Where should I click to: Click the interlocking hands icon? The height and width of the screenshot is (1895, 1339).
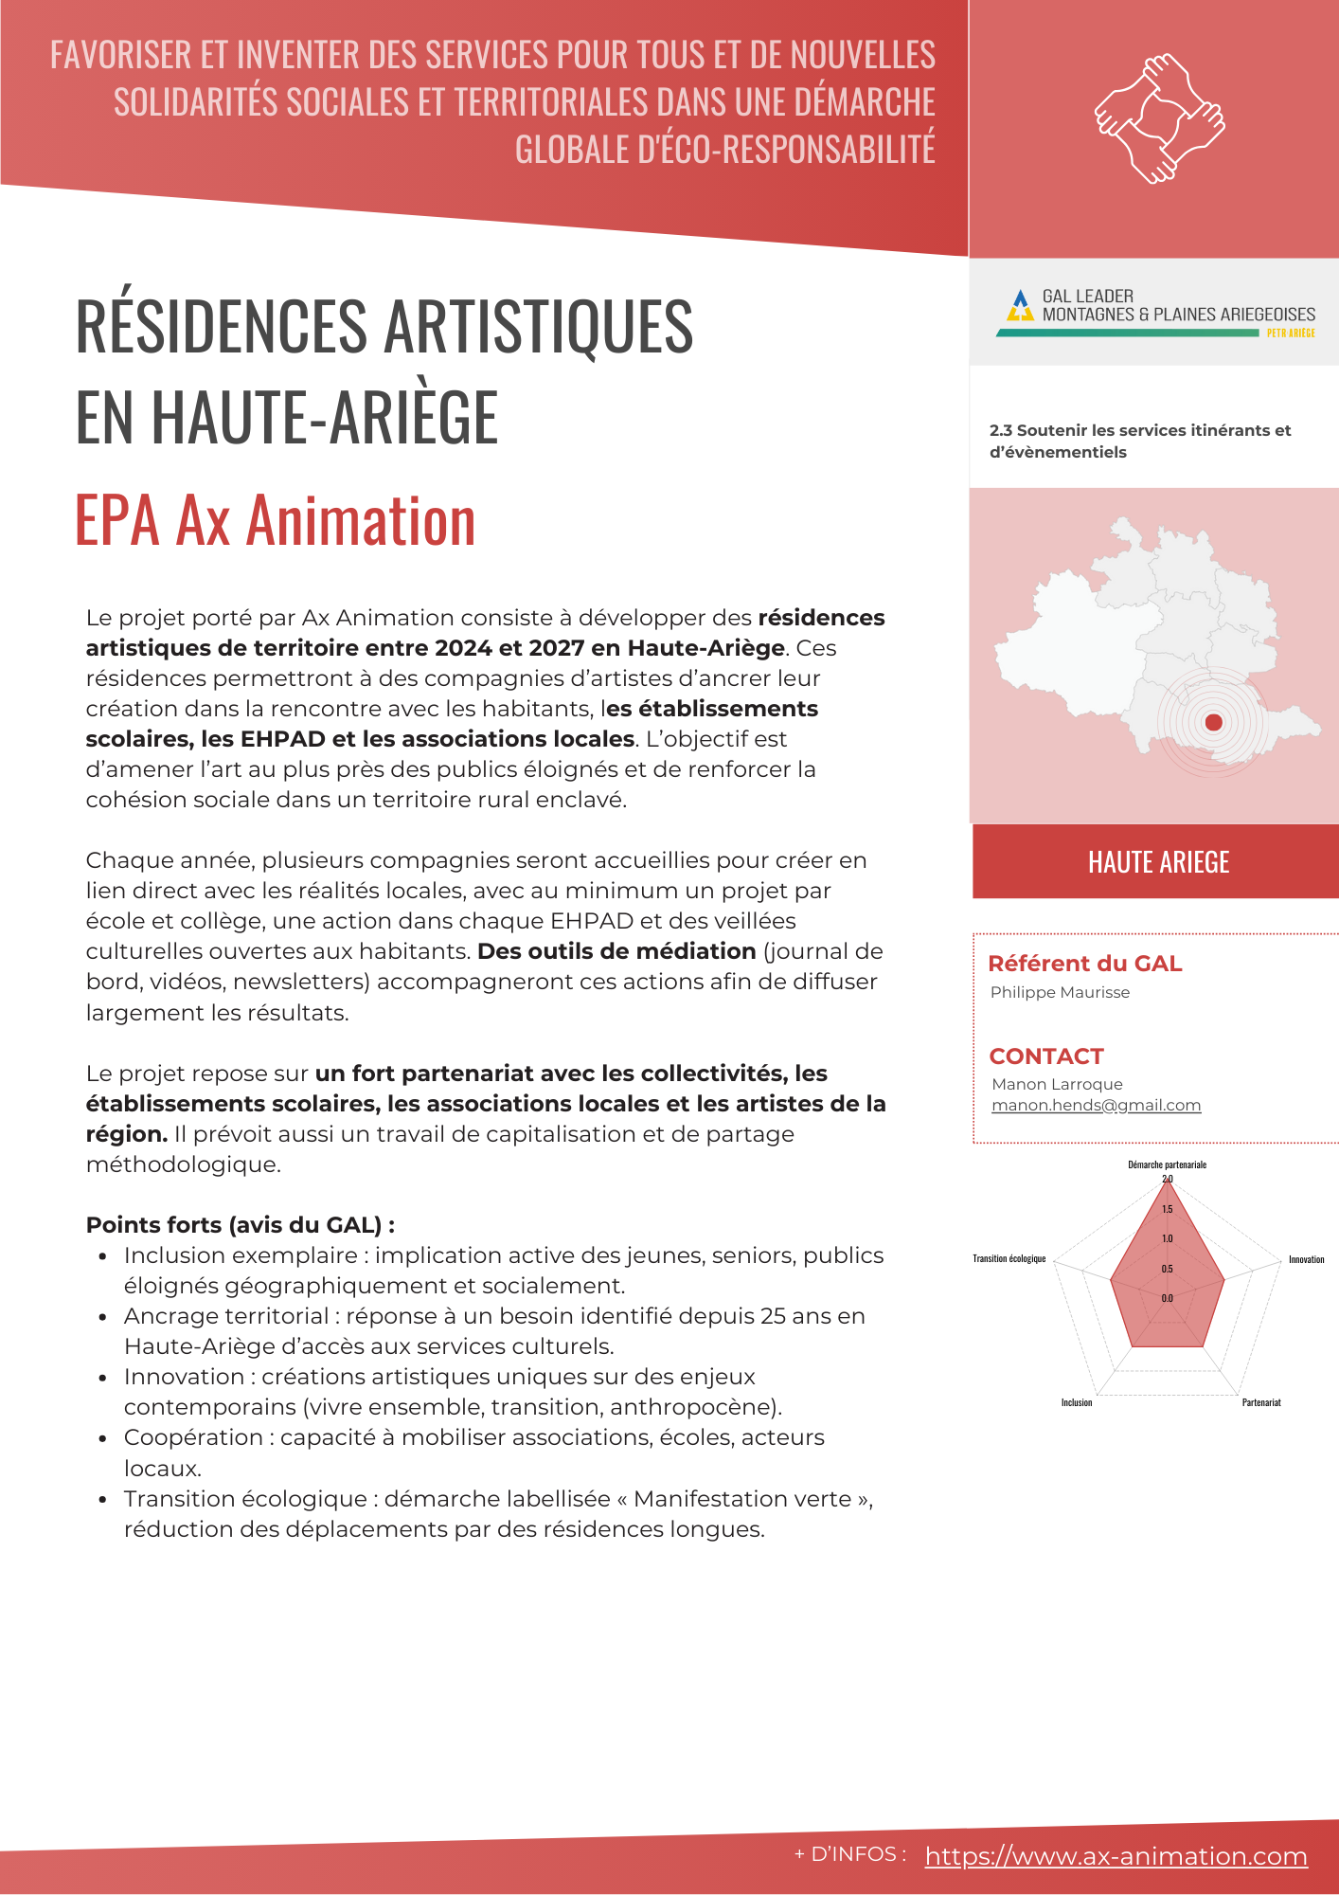tap(1159, 118)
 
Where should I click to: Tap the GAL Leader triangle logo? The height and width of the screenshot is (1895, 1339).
tap(1020, 305)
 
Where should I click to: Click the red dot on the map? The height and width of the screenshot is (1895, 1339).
tap(1213, 722)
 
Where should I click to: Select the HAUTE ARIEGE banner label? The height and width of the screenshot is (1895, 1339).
tap(1158, 862)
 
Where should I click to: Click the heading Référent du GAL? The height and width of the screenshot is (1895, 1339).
tap(1084, 964)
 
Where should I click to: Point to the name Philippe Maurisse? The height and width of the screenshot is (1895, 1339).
tap(1060, 992)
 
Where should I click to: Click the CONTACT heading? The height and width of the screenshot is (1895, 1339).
tap(1046, 1056)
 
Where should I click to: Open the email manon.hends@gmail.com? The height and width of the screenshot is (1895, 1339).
tap(1096, 1105)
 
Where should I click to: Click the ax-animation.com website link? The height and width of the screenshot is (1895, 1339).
tap(1116, 1856)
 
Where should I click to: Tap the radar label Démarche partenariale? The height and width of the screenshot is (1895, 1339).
tap(1167, 1164)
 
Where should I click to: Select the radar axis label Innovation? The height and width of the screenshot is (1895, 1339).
tap(1306, 1259)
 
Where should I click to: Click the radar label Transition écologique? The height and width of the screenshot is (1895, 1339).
tap(1009, 1258)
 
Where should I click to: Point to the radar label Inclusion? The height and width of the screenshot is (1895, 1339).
tap(1077, 1402)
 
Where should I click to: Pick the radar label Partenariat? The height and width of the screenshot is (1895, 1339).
tap(1260, 1402)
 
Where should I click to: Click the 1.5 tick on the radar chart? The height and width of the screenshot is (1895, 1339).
tap(1168, 1209)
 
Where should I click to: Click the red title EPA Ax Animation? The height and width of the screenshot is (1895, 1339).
tap(275, 520)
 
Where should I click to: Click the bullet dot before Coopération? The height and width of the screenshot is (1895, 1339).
tap(102, 1438)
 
